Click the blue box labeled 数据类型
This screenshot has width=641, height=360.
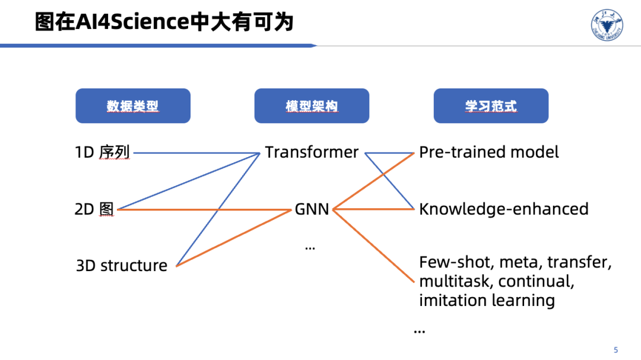pos(133,106)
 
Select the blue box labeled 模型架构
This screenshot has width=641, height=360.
pos(312,106)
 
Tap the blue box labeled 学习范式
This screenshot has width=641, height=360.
pos(491,106)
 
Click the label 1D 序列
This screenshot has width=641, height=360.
pos(102,152)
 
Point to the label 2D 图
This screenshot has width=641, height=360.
pos(94,209)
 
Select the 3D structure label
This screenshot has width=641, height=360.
pos(122,265)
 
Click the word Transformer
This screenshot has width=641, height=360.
pos(312,152)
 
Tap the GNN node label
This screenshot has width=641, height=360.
pos(312,209)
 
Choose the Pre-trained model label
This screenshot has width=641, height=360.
pos(489,152)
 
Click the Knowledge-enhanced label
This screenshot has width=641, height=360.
pos(504,209)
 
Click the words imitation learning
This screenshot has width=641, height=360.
pos(487,300)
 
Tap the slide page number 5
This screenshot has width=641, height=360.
pos(615,349)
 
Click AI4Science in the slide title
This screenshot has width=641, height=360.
pos(130,23)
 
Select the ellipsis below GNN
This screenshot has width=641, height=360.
pos(310,247)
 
